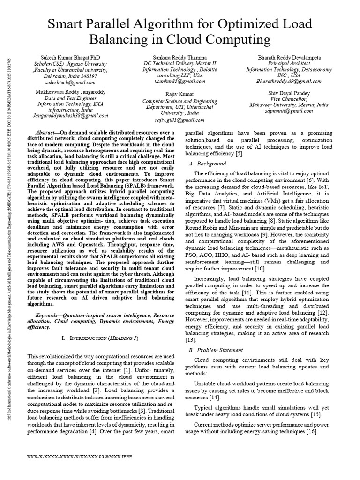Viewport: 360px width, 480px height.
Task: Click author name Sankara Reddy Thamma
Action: pyautogui.click(x=180, y=57)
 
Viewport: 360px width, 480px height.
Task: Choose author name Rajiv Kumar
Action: pyautogui.click(x=180, y=94)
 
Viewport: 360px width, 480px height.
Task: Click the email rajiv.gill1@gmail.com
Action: pyautogui.click(x=180, y=119)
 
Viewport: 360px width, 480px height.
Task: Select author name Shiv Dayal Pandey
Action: pyautogui.click(x=289, y=93)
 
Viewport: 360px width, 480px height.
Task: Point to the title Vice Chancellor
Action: pyautogui.click(x=289, y=99)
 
